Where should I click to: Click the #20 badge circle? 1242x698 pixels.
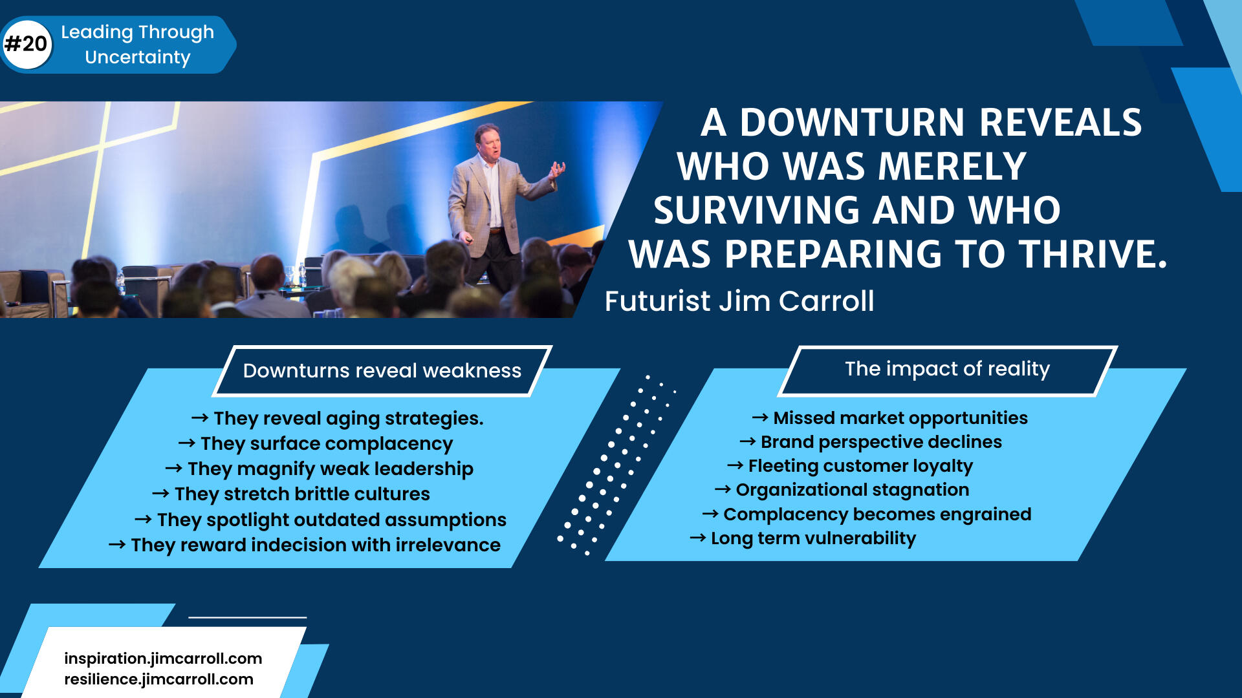coord(27,44)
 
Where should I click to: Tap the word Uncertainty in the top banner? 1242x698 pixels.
coord(138,58)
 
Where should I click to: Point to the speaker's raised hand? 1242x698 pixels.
coord(556,170)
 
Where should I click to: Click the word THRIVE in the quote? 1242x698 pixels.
coord(1087,253)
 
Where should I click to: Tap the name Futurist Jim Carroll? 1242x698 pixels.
coord(739,301)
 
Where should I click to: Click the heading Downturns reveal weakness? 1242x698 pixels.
coord(382,370)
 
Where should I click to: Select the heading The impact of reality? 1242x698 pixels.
coord(947,369)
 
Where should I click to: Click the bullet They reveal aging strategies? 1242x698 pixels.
coord(337,419)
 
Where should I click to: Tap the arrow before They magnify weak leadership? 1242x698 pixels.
coord(173,468)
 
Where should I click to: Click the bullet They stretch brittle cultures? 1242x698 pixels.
coord(291,494)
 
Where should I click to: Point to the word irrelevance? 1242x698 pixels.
coord(448,545)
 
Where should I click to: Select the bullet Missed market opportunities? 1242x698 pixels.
coord(890,418)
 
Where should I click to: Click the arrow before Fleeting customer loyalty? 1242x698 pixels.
coord(735,465)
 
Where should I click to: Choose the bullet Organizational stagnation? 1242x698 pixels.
coord(842,490)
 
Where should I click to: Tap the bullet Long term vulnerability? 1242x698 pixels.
coord(803,538)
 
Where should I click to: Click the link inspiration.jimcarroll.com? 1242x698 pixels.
coord(163,659)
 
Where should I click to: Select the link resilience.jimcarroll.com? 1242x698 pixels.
coord(158,679)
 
